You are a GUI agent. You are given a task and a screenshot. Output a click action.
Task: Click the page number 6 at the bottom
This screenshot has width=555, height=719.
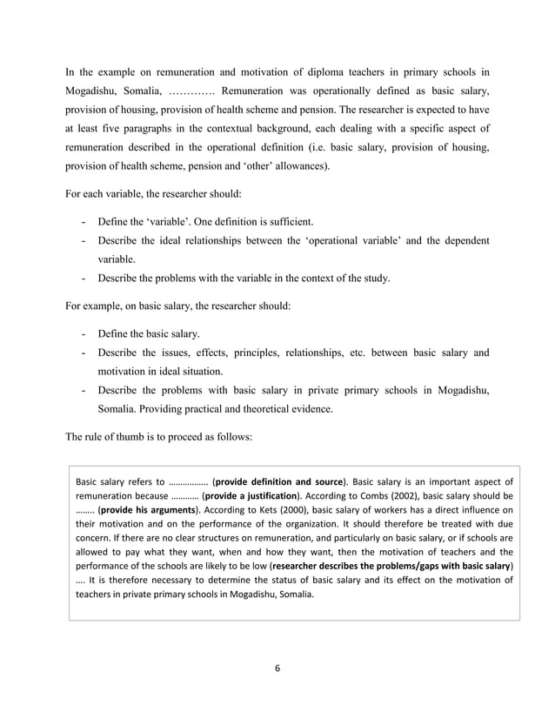click(277, 669)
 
